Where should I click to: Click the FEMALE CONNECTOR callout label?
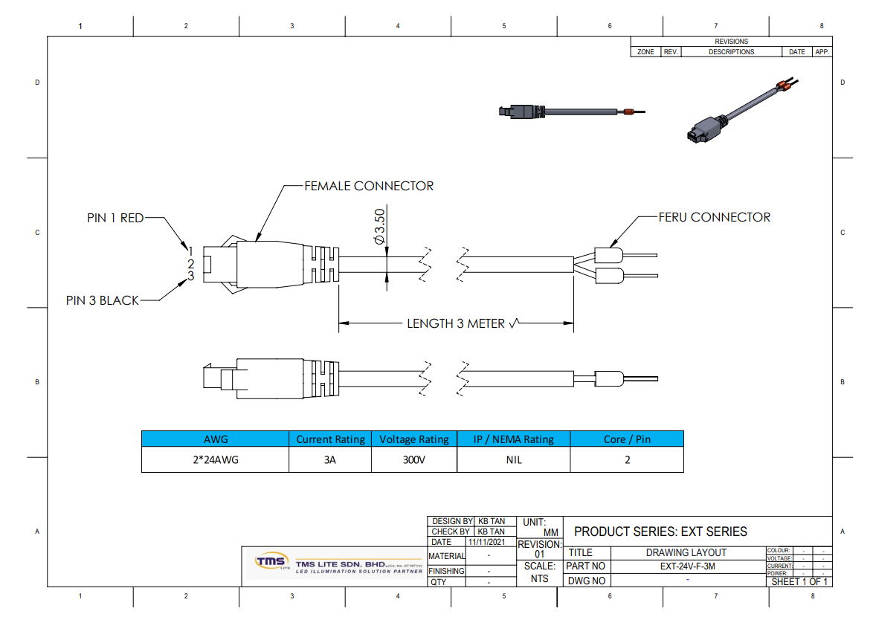(369, 186)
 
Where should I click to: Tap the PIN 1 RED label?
(115, 219)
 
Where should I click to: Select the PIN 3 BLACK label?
(103, 300)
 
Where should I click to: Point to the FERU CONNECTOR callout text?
(715, 217)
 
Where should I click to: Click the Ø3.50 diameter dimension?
(379, 227)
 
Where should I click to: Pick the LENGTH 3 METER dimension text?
(456, 324)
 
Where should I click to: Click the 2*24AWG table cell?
(216, 459)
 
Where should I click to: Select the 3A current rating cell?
(330, 459)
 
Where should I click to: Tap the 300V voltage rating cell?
(413, 459)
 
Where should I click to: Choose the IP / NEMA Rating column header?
(514, 439)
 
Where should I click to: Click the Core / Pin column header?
(627, 439)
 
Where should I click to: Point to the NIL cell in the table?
(514, 459)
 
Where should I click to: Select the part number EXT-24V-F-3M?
(688, 566)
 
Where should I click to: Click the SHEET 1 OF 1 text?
(799, 581)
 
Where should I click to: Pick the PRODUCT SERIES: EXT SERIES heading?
(660, 532)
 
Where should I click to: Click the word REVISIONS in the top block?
(731, 42)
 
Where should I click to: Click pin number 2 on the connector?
(190, 263)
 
